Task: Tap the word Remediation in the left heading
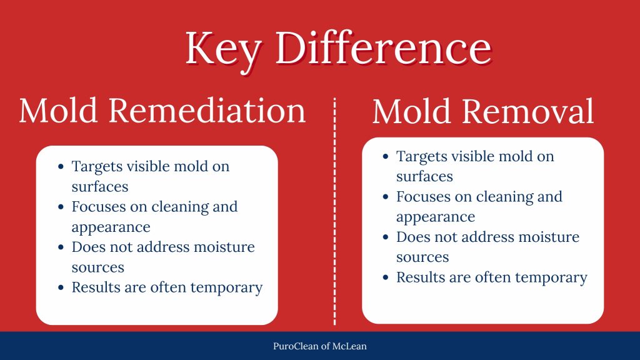point(208,111)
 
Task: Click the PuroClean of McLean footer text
point(319,346)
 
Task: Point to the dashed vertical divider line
point(335,212)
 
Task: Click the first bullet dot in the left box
point(61,167)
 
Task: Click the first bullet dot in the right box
point(386,157)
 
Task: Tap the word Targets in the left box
point(96,167)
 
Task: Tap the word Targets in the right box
point(421,157)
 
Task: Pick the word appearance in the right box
point(436,217)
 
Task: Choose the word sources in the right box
point(422,257)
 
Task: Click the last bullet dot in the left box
point(61,287)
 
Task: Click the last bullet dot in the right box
point(386,277)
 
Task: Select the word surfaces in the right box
point(424,177)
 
